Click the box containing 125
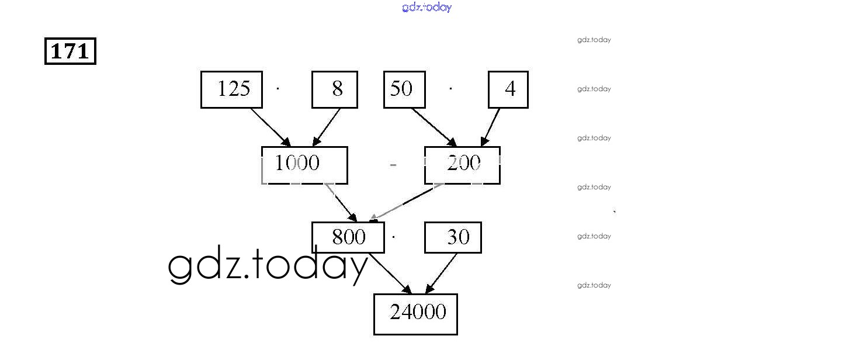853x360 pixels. tap(231, 89)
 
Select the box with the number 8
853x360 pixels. tap(334, 89)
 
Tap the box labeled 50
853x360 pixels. tap(404, 89)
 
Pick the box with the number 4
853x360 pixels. tap(508, 89)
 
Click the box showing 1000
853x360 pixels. tap(304, 165)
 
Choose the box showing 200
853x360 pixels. tap(462, 165)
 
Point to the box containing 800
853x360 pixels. tap(348, 237)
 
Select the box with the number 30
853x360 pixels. tap(453, 237)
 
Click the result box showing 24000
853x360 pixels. tap(415, 314)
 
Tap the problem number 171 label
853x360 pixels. tap(70, 51)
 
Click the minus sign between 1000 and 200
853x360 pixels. tap(393, 165)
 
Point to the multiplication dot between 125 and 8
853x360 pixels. tap(278, 89)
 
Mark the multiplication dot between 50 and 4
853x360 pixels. tap(450, 89)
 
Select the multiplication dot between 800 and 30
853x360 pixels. tap(394, 237)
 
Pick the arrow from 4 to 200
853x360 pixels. tap(491, 127)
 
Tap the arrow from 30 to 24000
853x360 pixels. tap(442, 274)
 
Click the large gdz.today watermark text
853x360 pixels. tap(268, 266)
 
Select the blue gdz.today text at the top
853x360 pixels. tap(427, 7)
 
